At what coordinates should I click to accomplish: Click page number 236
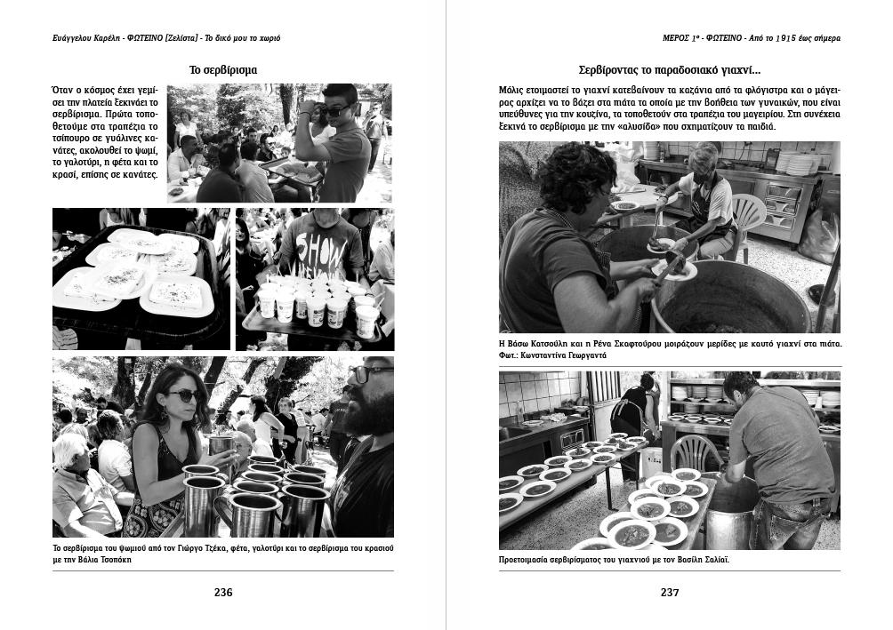click(223, 593)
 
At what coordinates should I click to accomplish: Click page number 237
click(669, 593)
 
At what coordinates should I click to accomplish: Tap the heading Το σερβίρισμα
click(223, 69)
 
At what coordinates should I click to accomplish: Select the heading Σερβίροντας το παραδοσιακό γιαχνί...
click(669, 69)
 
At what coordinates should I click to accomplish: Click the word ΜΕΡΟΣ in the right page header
click(667, 38)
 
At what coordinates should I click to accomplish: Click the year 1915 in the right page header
click(784, 38)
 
